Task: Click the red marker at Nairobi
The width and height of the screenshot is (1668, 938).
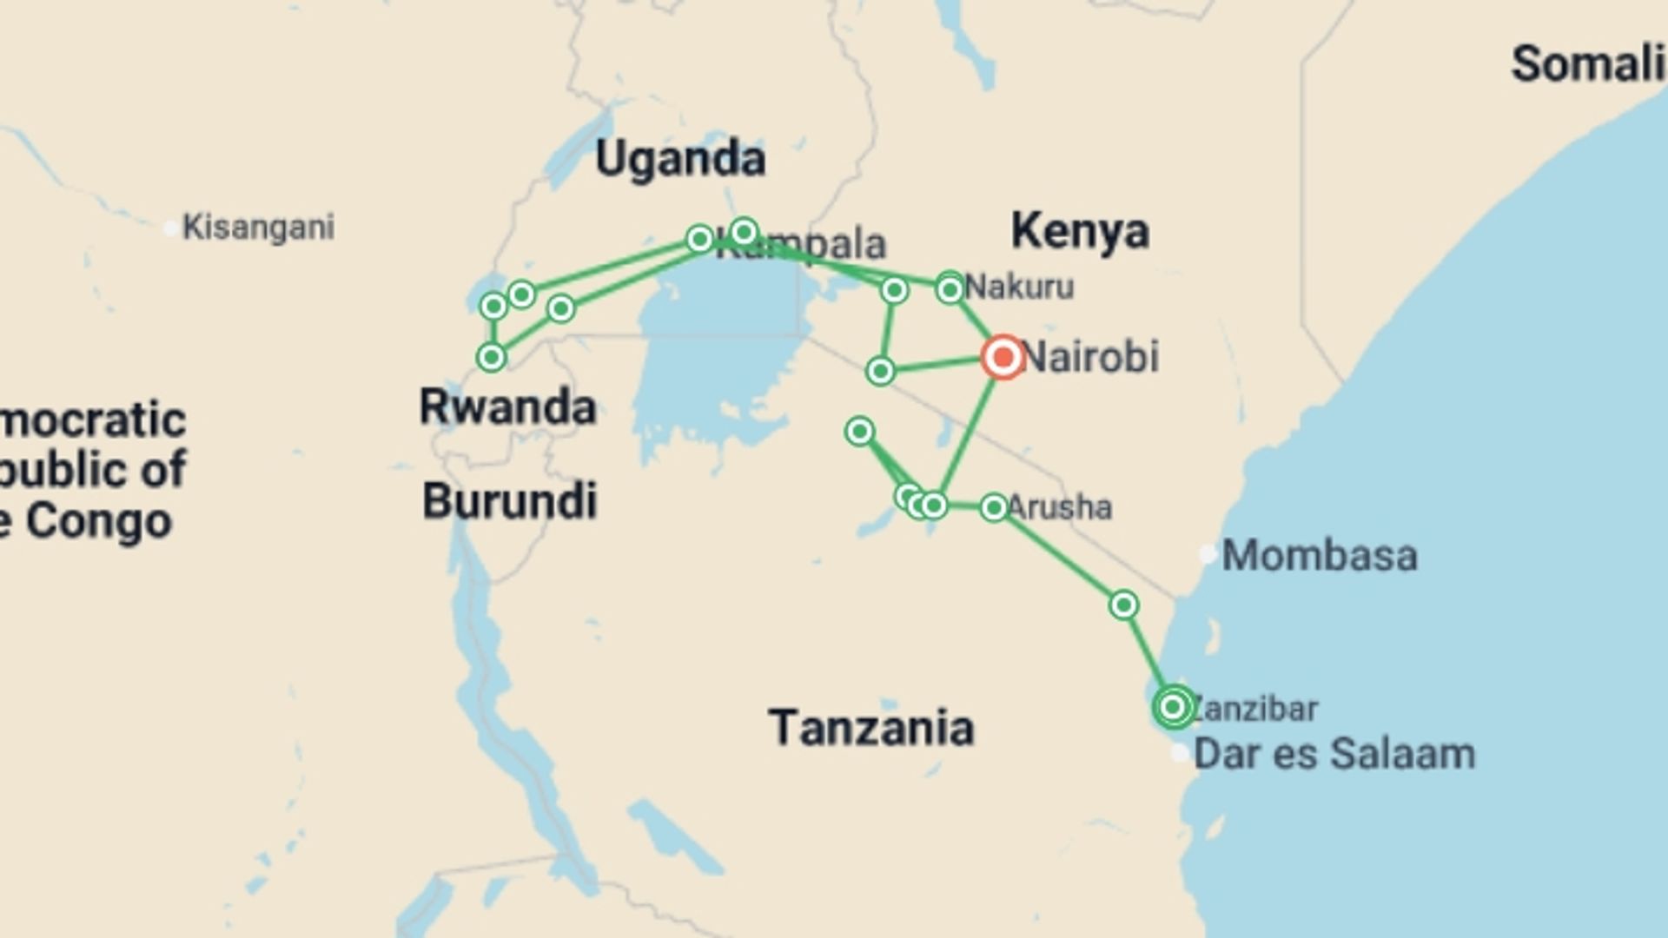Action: [1003, 357]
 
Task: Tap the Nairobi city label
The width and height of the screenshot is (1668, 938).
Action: [1091, 357]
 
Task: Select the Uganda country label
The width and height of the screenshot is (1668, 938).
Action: [680, 159]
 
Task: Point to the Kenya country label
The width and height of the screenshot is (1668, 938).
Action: [1080, 231]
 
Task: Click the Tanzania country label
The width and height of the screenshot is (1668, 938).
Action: [870, 728]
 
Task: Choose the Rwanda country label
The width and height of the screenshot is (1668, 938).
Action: [507, 407]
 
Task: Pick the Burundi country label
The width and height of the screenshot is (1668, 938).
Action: [510, 501]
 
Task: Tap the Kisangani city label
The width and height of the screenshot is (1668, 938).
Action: [258, 228]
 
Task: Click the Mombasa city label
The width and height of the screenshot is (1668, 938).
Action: [1320, 556]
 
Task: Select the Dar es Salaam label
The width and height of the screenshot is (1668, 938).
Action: [1334, 754]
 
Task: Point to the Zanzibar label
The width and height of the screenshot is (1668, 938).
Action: [1254, 709]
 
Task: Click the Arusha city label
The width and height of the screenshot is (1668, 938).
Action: [1060, 507]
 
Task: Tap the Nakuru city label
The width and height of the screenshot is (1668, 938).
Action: [1020, 287]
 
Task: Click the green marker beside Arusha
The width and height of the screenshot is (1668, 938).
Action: [994, 507]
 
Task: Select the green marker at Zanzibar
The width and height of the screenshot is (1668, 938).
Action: [1173, 707]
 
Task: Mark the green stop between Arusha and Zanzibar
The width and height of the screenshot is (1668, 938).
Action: [1123, 604]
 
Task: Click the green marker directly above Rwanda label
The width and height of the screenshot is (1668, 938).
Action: [492, 357]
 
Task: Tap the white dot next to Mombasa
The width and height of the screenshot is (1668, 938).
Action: [1208, 554]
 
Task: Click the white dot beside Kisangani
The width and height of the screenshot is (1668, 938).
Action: [171, 228]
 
